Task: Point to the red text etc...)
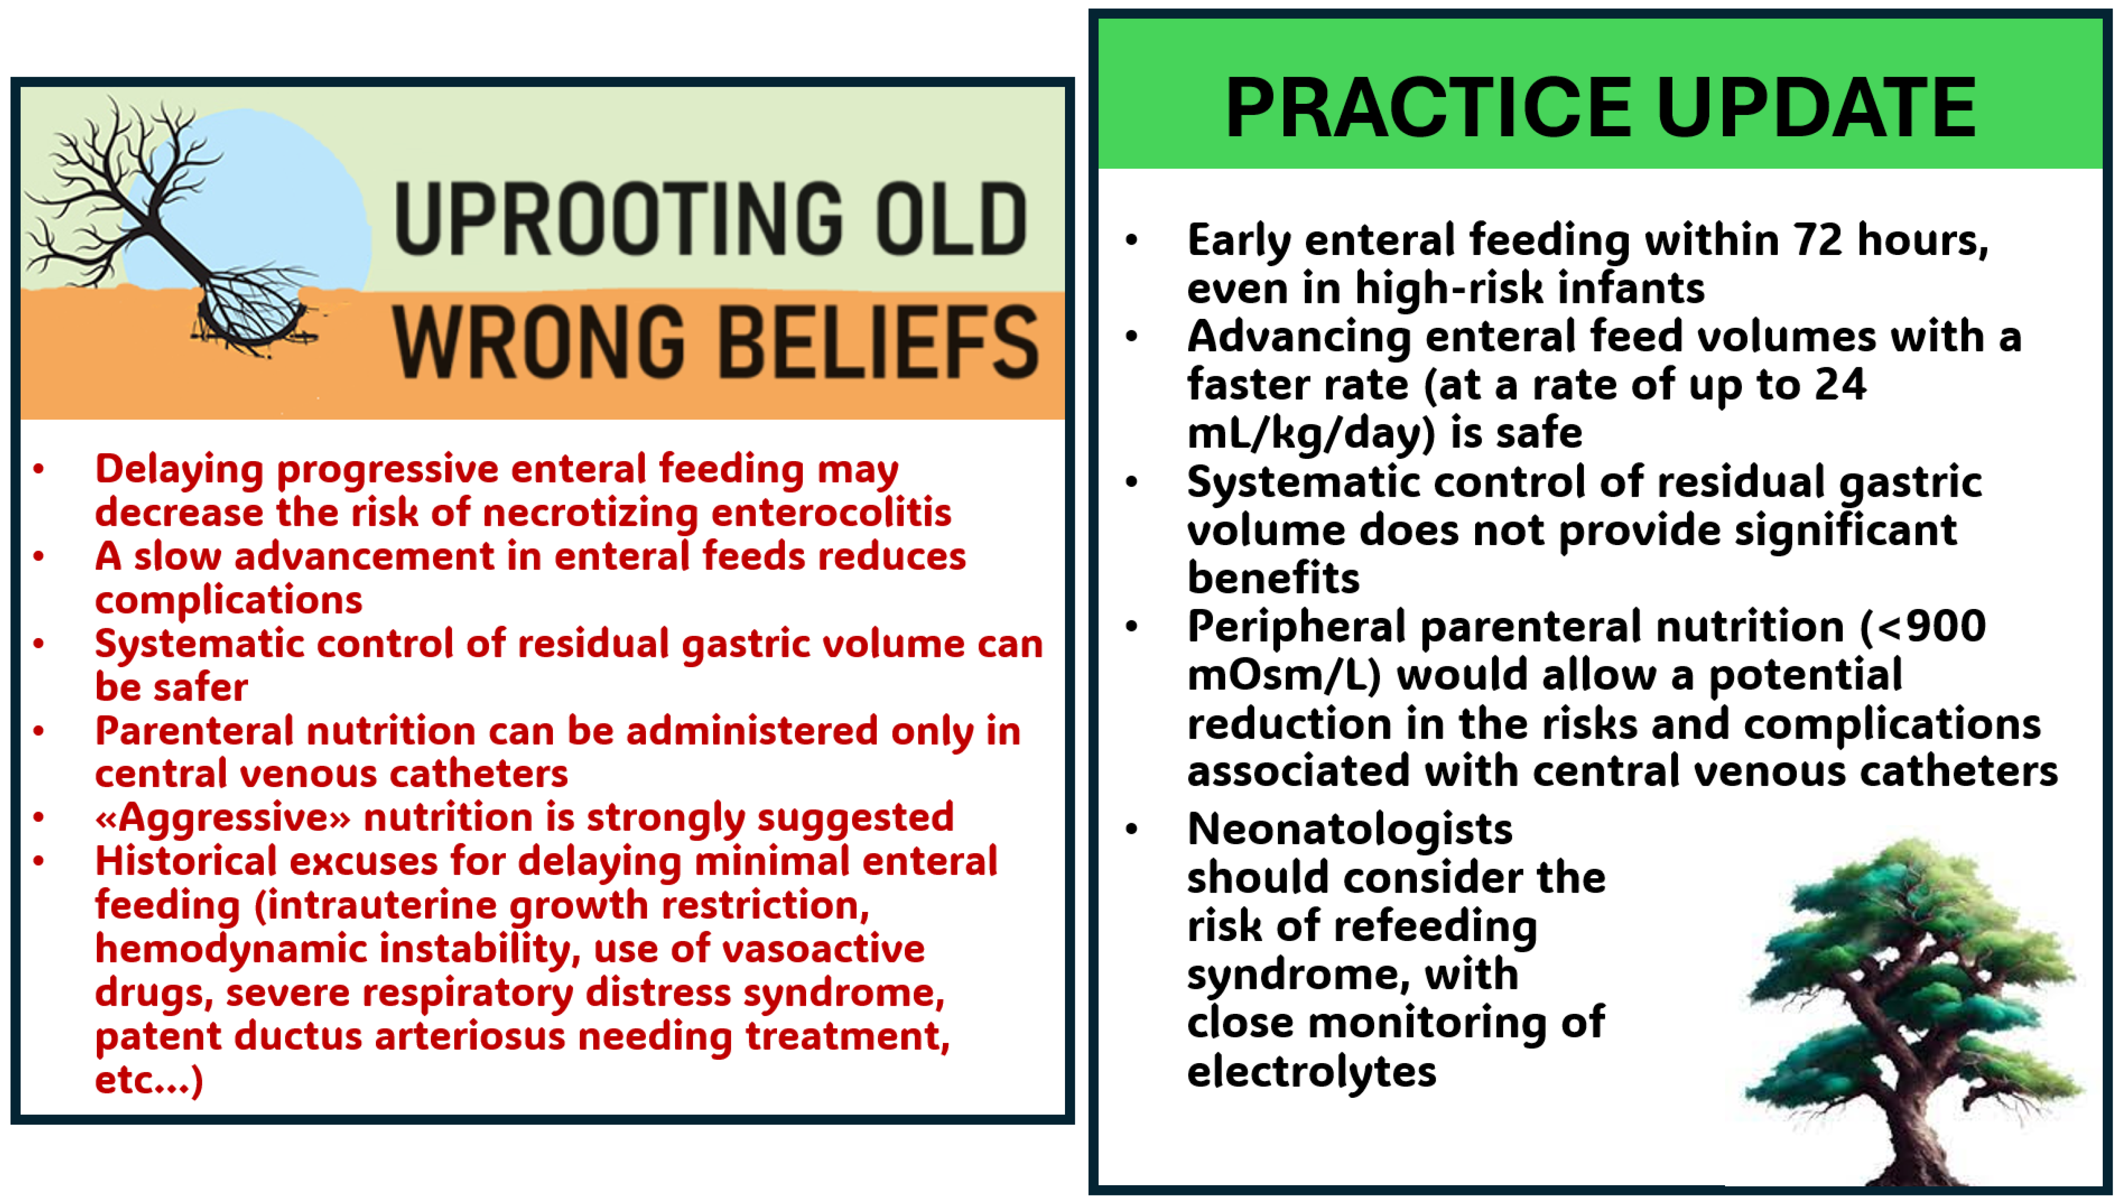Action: tap(149, 1080)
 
